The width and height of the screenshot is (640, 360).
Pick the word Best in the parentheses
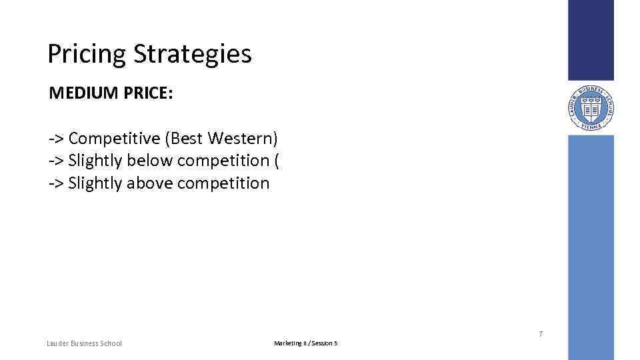click(x=187, y=139)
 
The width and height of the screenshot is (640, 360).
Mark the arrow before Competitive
click(x=56, y=139)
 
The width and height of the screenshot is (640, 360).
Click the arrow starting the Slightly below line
click(x=56, y=161)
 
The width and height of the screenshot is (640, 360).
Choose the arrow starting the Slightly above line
click(x=56, y=183)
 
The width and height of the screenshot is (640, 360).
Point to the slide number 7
click(x=540, y=333)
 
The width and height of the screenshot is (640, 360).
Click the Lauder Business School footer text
click(x=85, y=343)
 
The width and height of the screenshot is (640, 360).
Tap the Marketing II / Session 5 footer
click(x=305, y=343)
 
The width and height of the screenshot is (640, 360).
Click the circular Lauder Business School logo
click(x=591, y=107)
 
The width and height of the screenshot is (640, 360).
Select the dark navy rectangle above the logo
click(x=591, y=40)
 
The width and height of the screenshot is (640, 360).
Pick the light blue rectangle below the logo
click(x=591, y=247)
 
